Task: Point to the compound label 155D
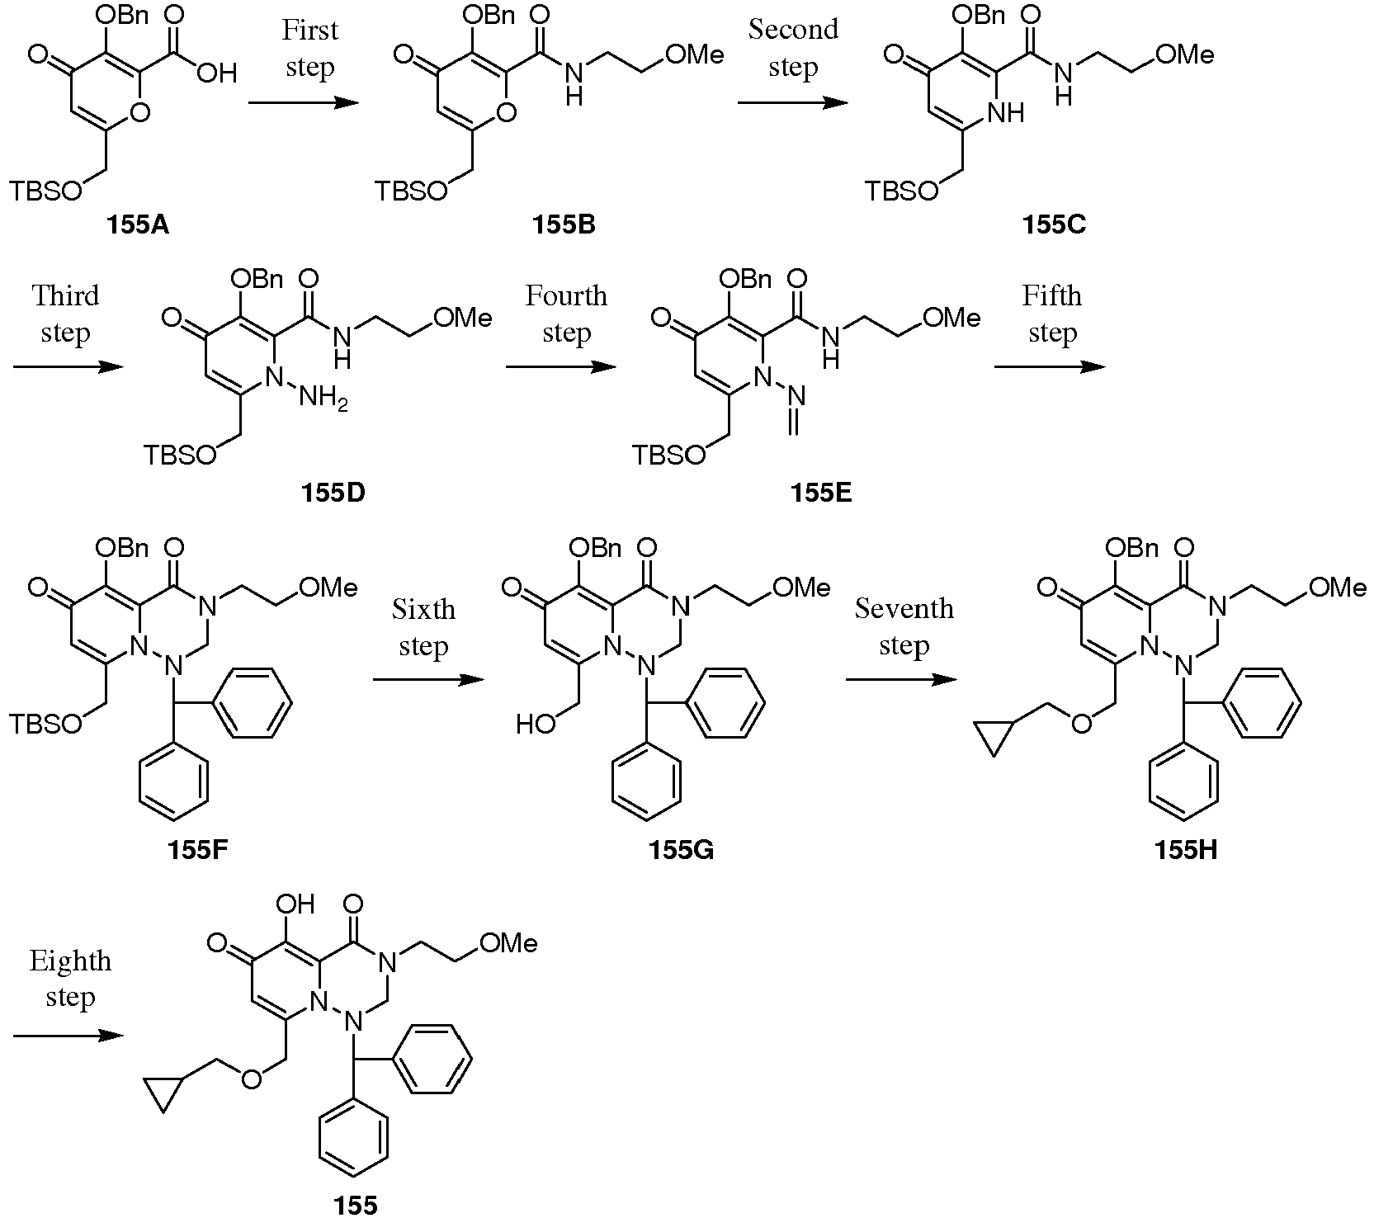(x=333, y=493)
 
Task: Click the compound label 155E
(x=821, y=493)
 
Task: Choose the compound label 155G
(x=681, y=850)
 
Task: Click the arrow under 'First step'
(x=304, y=103)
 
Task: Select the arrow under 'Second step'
(x=793, y=103)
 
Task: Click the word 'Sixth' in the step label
(x=423, y=610)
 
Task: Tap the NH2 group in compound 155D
(x=323, y=401)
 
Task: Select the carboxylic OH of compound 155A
(x=217, y=74)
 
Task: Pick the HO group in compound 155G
(x=536, y=725)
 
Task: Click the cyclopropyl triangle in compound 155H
(x=994, y=736)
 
